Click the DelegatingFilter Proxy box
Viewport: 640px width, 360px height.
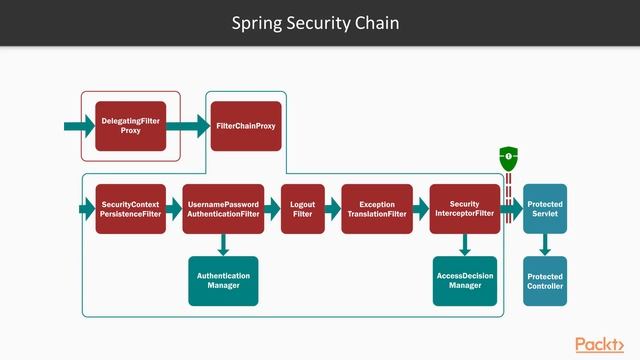[x=130, y=126]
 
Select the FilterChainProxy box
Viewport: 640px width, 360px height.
[x=245, y=126]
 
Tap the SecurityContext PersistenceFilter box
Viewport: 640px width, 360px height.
[x=131, y=209]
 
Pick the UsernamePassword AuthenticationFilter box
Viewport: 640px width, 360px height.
[x=223, y=209]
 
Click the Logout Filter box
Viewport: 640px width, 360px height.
[x=302, y=209]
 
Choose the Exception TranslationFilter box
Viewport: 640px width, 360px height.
[x=377, y=209]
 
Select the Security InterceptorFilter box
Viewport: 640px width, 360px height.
[x=465, y=209]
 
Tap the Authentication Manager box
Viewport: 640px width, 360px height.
[x=223, y=281]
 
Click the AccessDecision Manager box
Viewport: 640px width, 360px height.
[x=465, y=281]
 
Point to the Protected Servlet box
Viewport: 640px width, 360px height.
[x=545, y=209]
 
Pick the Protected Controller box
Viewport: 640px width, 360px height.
[x=545, y=281]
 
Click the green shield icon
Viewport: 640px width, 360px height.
[x=508, y=157]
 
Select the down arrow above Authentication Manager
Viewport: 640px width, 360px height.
[x=223, y=245]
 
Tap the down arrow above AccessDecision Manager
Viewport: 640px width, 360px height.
[x=465, y=245]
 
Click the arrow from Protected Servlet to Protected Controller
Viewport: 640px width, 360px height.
[x=545, y=245]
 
